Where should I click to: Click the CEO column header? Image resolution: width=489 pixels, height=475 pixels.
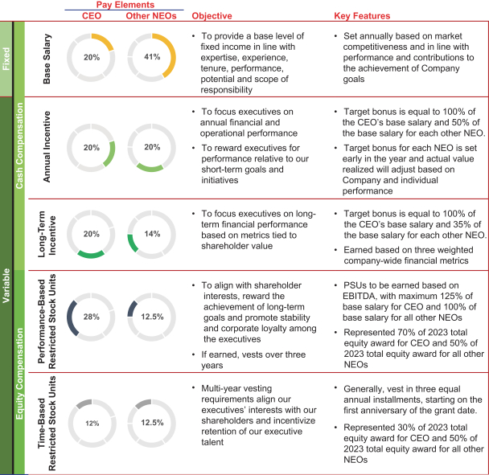91,14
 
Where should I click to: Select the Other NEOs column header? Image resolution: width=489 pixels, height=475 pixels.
150,14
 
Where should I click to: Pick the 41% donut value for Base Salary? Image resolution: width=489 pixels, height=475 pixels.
150,57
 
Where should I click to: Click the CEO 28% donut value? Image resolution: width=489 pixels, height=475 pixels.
91,317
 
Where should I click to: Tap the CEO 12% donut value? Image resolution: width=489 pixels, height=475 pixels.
91,423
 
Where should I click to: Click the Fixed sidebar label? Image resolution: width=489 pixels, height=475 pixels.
6,57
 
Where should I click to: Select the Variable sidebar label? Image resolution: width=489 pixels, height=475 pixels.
6,281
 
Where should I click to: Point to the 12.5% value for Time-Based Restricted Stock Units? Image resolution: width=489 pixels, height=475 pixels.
150,423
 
